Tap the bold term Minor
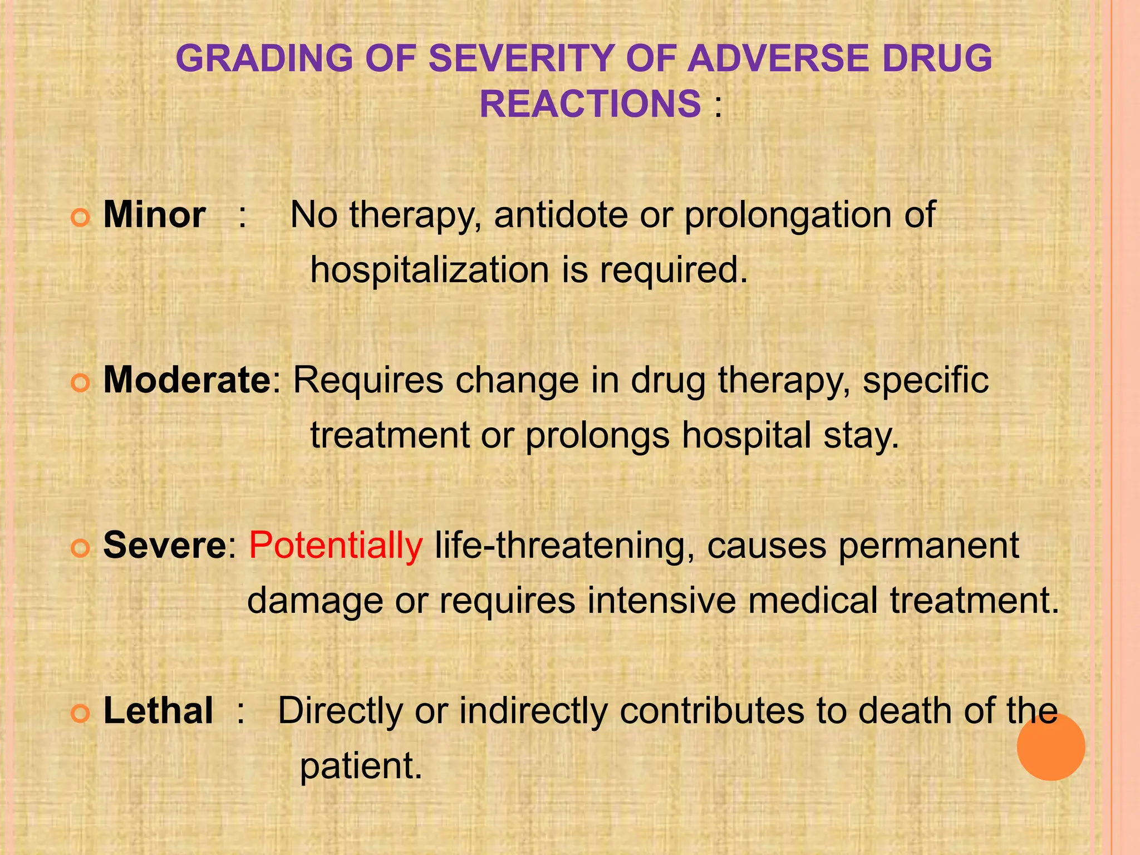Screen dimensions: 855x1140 [154, 215]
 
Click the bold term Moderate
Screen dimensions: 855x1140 [187, 380]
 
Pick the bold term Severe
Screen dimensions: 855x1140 [164, 546]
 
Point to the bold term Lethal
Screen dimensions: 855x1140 [158, 711]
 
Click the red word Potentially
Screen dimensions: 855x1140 [336, 546]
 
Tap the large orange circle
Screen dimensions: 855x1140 [1050, 746]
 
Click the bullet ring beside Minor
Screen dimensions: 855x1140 [81, 218]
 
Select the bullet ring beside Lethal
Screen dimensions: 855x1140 [81, 714]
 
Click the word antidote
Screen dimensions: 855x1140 [561, 215]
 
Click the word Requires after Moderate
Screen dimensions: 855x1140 [368, 381]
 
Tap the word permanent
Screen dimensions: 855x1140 [928, 547]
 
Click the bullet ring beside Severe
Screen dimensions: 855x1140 [81, 549]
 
